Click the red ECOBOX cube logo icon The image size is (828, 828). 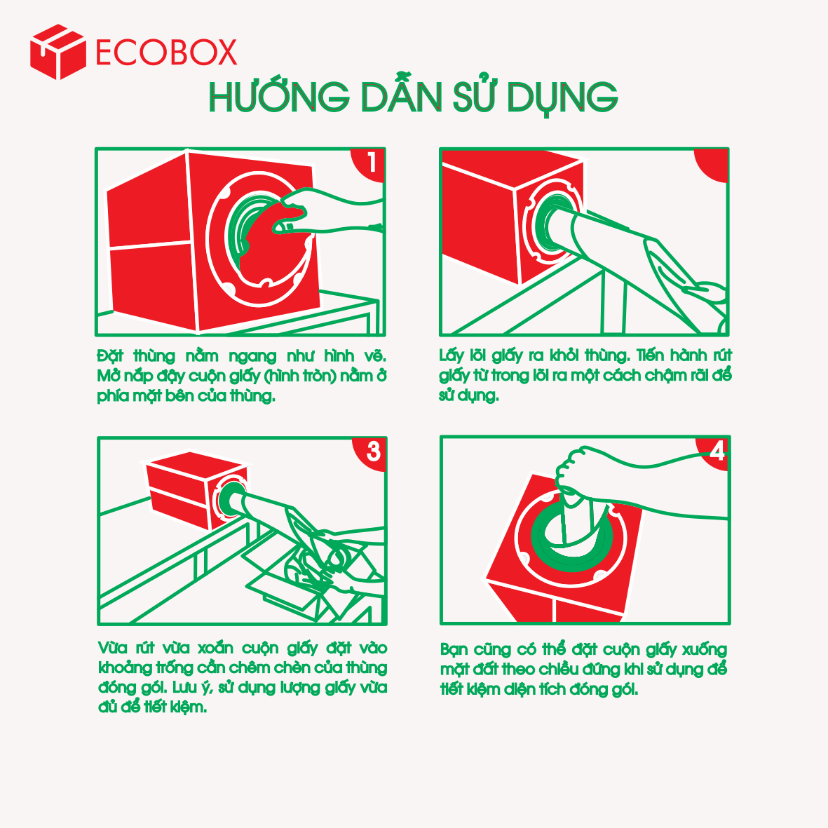click(x=58, y=52)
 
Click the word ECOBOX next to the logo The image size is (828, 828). click(x=166, y=53)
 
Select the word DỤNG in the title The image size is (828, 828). click(x=562, y=98)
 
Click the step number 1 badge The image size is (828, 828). click(x=369, y=163)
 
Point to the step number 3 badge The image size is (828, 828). click(x=371, y=453)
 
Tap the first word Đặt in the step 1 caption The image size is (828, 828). click(x=110, y=356)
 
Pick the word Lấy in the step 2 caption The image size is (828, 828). click(x=452, y=356)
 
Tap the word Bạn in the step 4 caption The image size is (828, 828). click(x=454, y=649)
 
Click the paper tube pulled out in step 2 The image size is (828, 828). click(x=602, y=235)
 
